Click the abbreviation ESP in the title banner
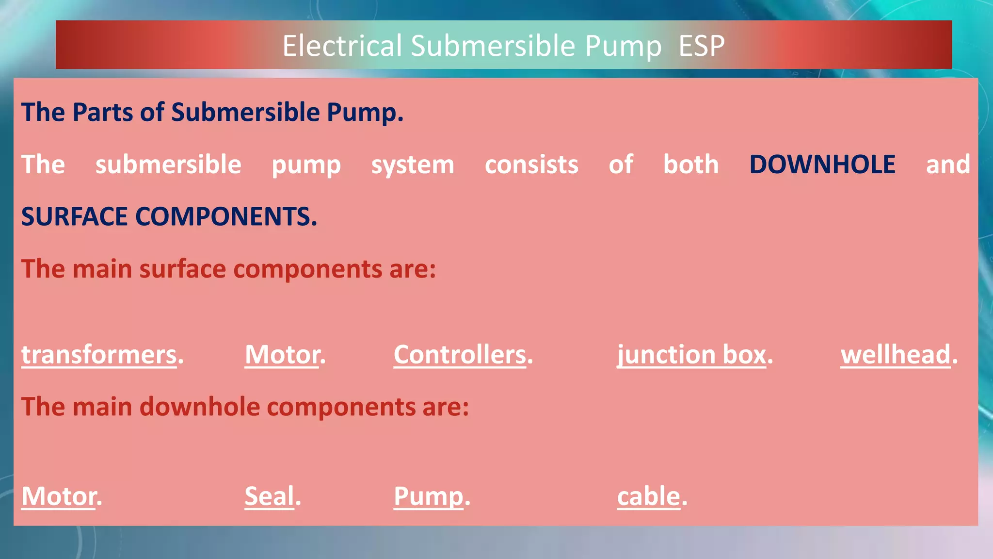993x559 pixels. point(701,46)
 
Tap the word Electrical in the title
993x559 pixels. point(342,46)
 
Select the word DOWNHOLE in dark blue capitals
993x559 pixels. point(822,164)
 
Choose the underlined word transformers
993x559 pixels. point(99,355)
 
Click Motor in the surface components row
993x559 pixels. point(282,355)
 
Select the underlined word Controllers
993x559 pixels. point(460,355)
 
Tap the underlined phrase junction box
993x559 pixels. point(691,355)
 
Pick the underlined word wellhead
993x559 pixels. point(896,355)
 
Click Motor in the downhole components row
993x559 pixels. point(59,496)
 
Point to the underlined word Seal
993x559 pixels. point(270,496)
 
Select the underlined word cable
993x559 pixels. point(649,496)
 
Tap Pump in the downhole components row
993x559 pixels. point(429,496)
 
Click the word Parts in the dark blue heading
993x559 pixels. point(102,113)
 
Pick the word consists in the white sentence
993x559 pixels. point(531,164)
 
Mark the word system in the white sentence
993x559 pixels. point(413,164)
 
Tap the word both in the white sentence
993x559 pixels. point(691,164)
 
